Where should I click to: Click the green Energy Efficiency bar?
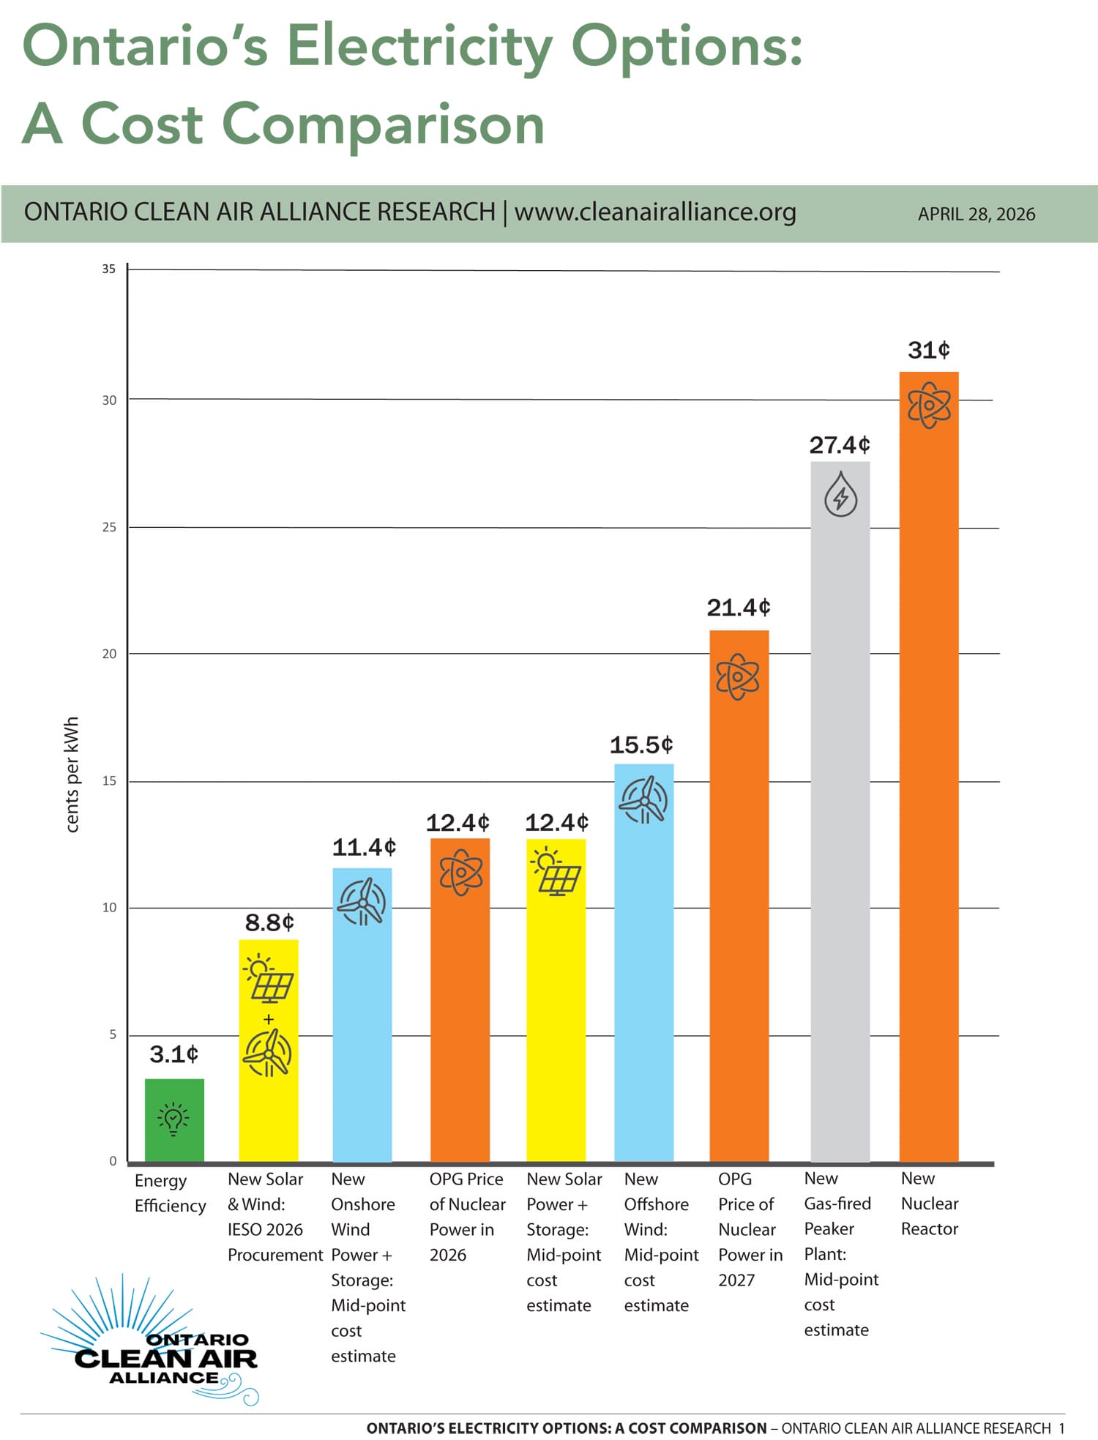(x=174, y=1120)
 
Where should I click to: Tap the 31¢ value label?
(x=928, y=350)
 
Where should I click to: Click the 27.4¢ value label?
(x=840, y=445)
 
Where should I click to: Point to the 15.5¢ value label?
(x=641, y=745)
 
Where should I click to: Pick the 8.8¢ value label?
(x=269, y=922)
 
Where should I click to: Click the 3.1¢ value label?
(x=174, y=1054)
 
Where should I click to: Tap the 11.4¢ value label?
(x=364, y=848)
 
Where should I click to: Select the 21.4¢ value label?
(x=739, y=608)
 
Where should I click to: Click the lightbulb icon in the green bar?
(x=173, y=1119)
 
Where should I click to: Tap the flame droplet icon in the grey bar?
(x=840, y=495)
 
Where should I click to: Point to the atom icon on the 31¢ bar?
(x=929, y=405)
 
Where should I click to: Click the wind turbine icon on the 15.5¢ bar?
(x=643, y=800)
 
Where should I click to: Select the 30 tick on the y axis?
(x=109, y=400)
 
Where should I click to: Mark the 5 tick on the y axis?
(x=113, y=1034)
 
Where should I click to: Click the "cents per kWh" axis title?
(x=72, y=774)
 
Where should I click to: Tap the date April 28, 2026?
(x=976, y=214)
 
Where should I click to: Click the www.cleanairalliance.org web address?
(x=655, y=212)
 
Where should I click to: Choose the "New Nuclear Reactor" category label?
(x=929, y=1204)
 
